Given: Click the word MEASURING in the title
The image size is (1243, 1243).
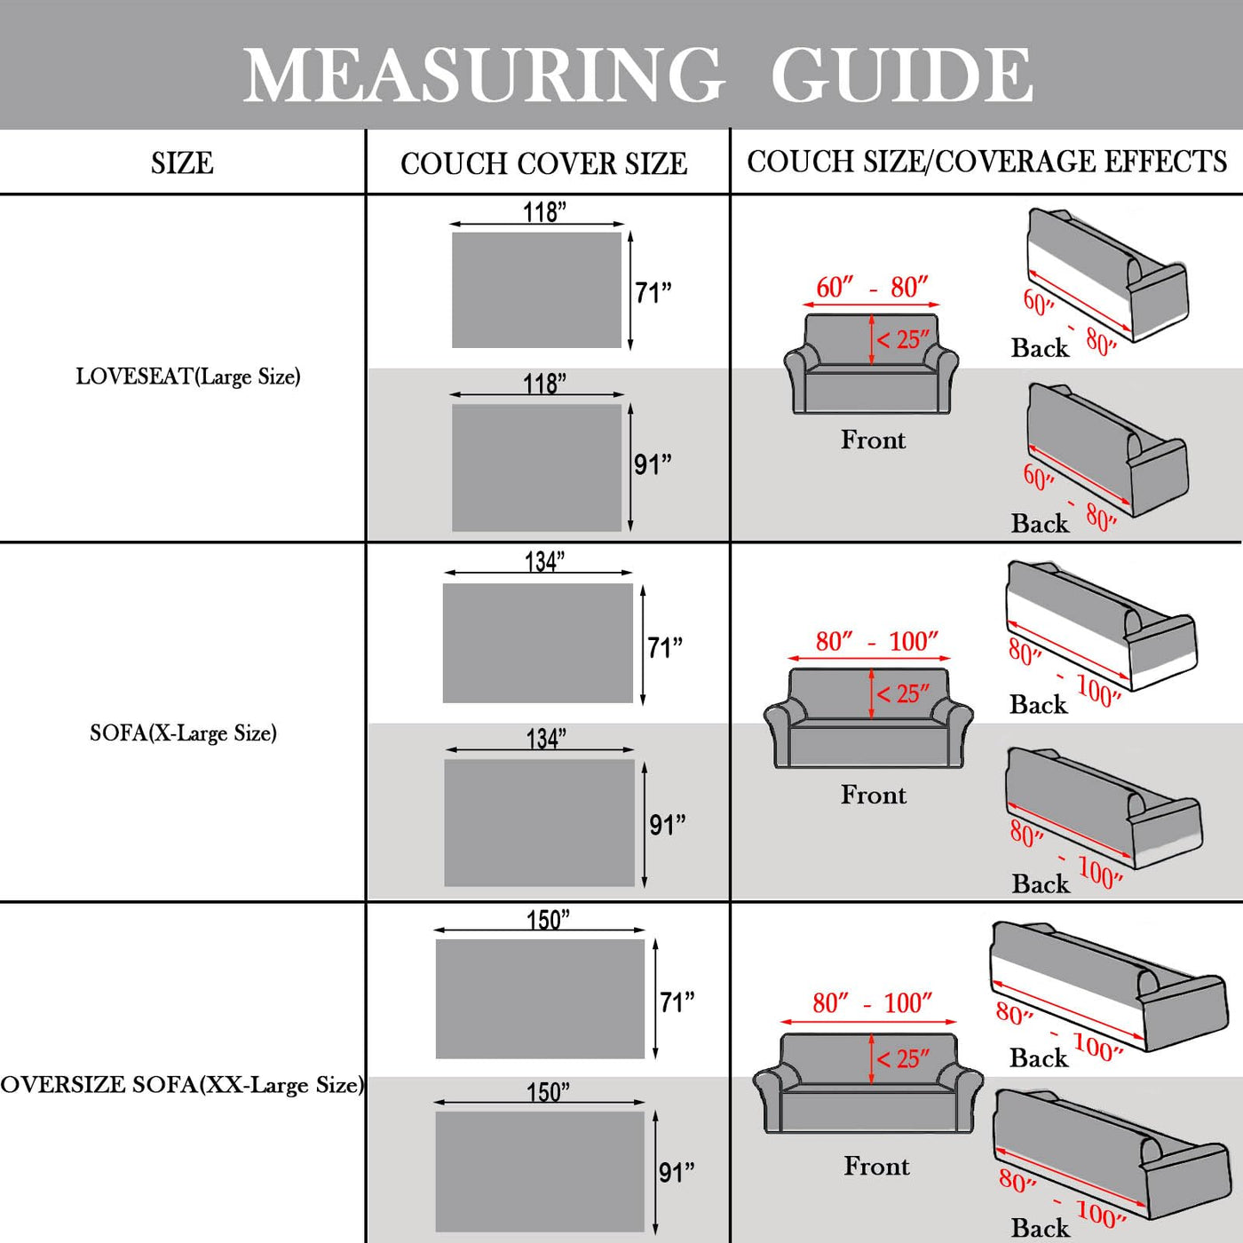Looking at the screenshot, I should (x=484, y=75).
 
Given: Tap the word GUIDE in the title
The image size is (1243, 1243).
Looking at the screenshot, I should (x=901, y=75).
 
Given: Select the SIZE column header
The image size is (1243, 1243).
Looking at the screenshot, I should (x=182, y=163).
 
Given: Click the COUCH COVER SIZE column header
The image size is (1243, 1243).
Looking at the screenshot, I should (x=543, y=163).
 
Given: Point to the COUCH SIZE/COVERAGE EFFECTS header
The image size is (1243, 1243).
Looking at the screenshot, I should (x=986, y=162).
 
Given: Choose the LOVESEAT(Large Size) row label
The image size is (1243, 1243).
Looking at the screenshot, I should (x=188, y=376).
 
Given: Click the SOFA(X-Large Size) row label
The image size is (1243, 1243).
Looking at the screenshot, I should (x=183, y=733).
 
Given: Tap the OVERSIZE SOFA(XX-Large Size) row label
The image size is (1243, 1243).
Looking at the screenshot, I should (x=182, y=1084).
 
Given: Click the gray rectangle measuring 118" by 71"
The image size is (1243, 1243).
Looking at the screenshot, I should (x=536, y=289).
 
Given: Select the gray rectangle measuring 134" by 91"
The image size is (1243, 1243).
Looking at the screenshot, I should (x=539, y=822).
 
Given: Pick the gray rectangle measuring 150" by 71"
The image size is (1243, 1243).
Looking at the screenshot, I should (x=540, y=998).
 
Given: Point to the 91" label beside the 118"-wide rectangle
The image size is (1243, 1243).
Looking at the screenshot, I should (x=653, y=464).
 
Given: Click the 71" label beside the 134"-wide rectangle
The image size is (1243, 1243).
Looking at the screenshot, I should (x=665, y=647).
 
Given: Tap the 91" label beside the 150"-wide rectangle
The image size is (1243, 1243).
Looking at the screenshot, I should (x=677, y=1173).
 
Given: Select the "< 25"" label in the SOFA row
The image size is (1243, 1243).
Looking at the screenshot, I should (x=903, y=693).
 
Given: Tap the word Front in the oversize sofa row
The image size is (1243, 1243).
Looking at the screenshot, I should (x=876, y=1166).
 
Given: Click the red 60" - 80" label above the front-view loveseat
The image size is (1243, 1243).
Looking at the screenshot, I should (x=872, y=288).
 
